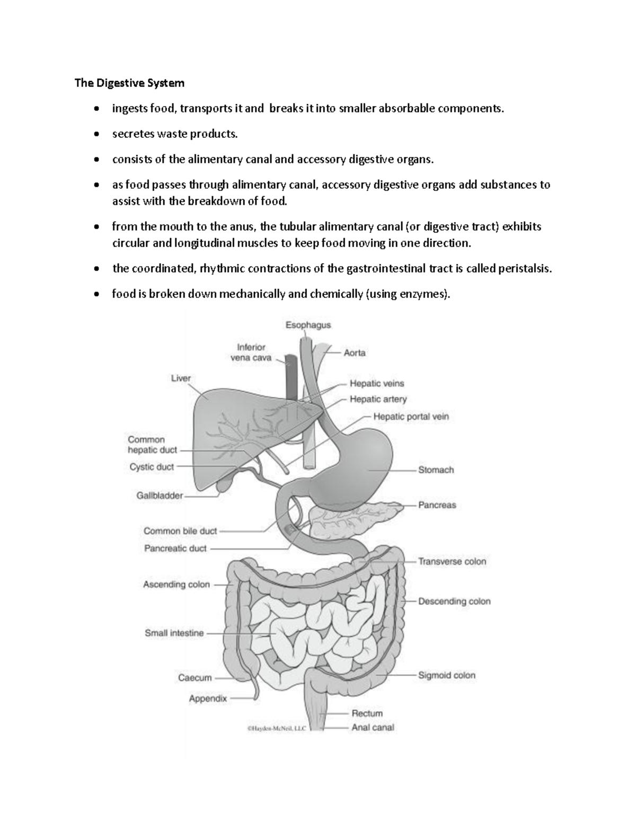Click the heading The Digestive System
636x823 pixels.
tap(129, 83)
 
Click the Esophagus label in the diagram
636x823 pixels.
tap(308, 325)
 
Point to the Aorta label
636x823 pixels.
tap(355, 352)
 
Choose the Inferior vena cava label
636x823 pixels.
tap(251, 352)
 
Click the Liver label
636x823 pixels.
tap(181, 378)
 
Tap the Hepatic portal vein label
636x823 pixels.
tap(411, 417)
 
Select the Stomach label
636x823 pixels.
tap(436, 470)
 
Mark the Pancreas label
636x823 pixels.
tap(437, 505)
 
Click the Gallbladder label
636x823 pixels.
tap(160, 496)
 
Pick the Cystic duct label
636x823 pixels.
tap(152, 467)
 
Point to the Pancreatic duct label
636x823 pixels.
tap(175, 548)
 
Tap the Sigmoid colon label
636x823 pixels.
tap(447, 675)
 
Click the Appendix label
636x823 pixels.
tap(208, 698)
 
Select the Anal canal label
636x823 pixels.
tap(373, 728)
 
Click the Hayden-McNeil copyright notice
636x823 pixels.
tap(277, 729)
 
